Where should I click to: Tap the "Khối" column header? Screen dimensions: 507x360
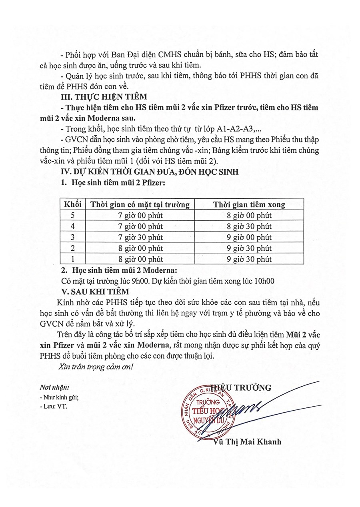(x=73, y=205)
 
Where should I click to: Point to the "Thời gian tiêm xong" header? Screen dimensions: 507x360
(x=249, y=205)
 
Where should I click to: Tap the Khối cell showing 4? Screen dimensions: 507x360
(x=73, y=227)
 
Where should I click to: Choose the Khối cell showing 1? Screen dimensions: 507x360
(x=73, y=259)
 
